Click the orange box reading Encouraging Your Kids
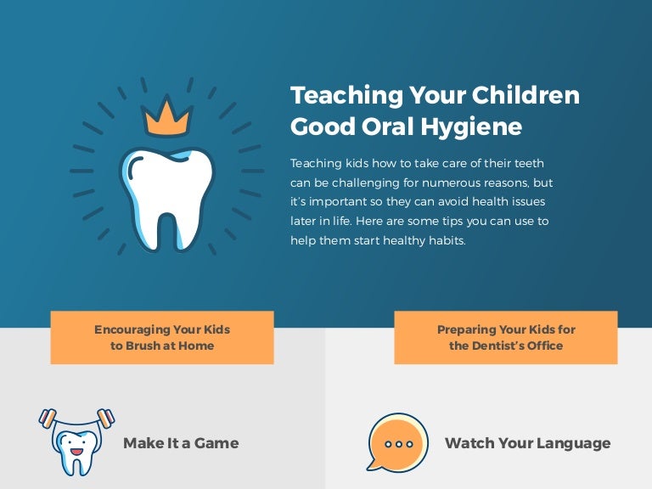(x=162, y=337)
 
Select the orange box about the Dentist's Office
(x=506, y=337)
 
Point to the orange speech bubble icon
(x=396, y=441)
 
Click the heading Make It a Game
(x=181, y=443)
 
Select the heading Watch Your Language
(x=527, y=443)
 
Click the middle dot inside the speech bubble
(x=398, y=443)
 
